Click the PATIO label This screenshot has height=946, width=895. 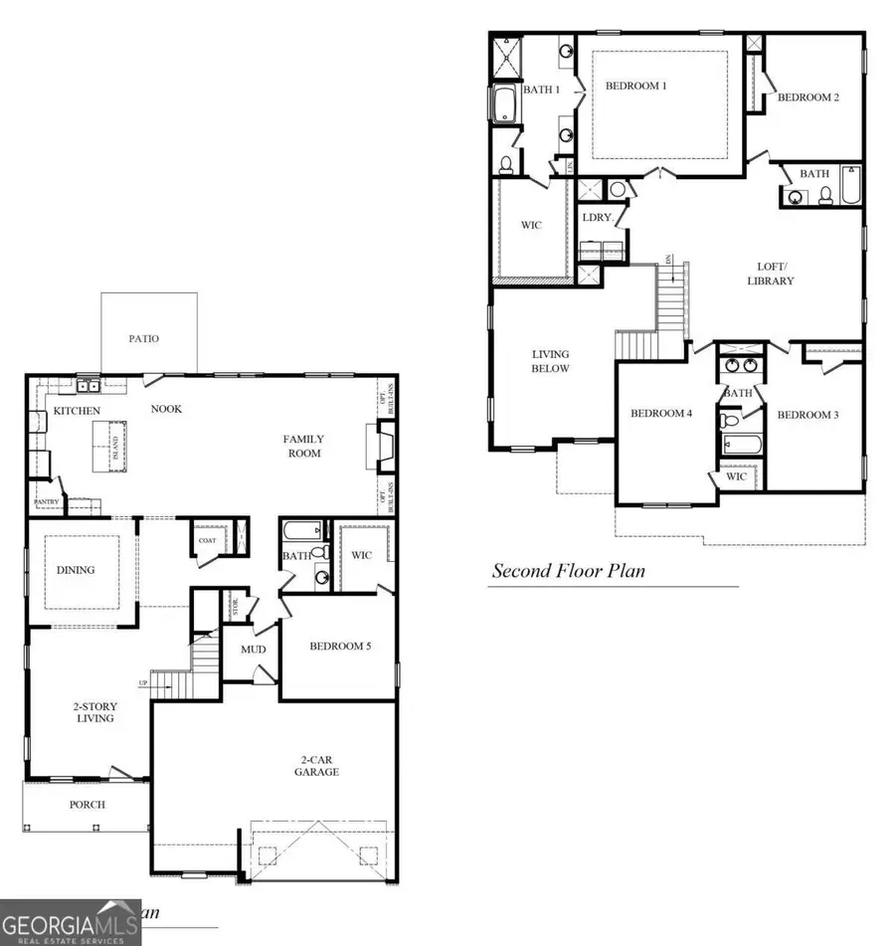click(x=143, y=339)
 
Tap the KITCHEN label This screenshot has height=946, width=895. click(x=77, y=410)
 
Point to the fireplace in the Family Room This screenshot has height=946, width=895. click(x=385, y=445)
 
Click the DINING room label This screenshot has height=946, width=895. click(x=76, y=570)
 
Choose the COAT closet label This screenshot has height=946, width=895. click(x=207, y=541)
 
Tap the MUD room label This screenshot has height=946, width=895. click(x=253, y=650)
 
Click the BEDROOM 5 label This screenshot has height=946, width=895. click(x=340, y=646)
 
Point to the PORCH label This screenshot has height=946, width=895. click(x=87, y=804)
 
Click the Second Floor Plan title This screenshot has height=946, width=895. click(x=569, y=571)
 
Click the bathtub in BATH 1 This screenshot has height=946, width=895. click(x=503, y=102)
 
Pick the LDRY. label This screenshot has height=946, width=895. click(x=597, y=217)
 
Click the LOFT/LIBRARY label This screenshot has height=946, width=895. click(x=772, y=274)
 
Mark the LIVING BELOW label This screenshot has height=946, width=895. click(x=550, y=361)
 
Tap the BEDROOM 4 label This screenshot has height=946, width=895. click(x=661, y=413)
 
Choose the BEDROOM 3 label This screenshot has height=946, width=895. click(x=808, y=415)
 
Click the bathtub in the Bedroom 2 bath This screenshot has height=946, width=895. click(x=852, y=185)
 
